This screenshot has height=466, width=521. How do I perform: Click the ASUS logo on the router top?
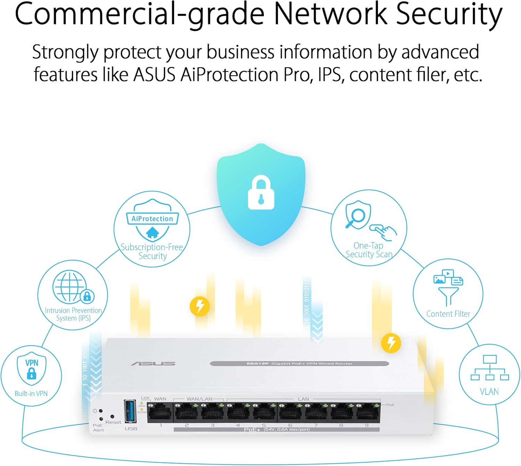tap(153, 364)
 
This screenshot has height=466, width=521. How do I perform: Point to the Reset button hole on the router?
tap(112, 416)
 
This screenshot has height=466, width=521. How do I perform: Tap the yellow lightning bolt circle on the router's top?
tap(391, 343)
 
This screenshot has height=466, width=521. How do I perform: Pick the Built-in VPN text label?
tap(31, 394)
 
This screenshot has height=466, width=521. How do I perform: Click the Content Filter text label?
tap(448, 314)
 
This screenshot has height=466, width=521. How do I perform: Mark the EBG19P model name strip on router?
tap(299, 363)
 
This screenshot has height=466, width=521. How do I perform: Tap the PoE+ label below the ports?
tap(252, 430)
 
